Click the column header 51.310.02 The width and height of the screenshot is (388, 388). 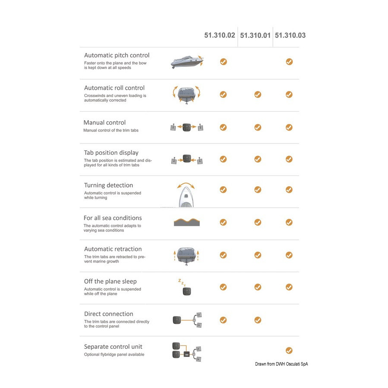click(x=219, y=35)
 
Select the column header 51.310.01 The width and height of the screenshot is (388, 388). click(x=255, y=35)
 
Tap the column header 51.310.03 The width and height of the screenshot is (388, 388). click(x=290, y=35)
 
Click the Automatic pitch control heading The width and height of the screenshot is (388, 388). click(x=117, y=56)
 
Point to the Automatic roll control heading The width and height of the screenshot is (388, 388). click(x=114, y=88)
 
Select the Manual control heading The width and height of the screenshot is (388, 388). click(x=104, y=122)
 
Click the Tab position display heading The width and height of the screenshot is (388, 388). click(x=111, y=153)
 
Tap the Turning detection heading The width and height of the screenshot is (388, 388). click(x=108, y=185)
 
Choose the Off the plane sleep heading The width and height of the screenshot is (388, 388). click(x=110, y=282)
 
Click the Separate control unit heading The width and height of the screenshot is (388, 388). click(x=113, y=347)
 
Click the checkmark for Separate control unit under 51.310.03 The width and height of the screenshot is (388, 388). click(x=289, y=350)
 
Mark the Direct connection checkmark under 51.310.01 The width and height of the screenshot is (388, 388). click(x=258, y=320)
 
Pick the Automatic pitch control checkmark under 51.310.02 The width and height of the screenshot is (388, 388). click(x=223, y=62)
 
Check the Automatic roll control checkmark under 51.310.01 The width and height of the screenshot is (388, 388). click(x=258, y=94)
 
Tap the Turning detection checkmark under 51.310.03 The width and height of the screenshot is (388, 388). click(x=289, y=190)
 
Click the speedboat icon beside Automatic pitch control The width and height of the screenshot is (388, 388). click(x=187, y=62)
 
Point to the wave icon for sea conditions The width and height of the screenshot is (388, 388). click(x=187, y=222)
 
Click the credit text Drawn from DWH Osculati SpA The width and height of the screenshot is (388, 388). click(x=282, y=364)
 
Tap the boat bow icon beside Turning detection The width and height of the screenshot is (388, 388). click(x=186, y=195)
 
